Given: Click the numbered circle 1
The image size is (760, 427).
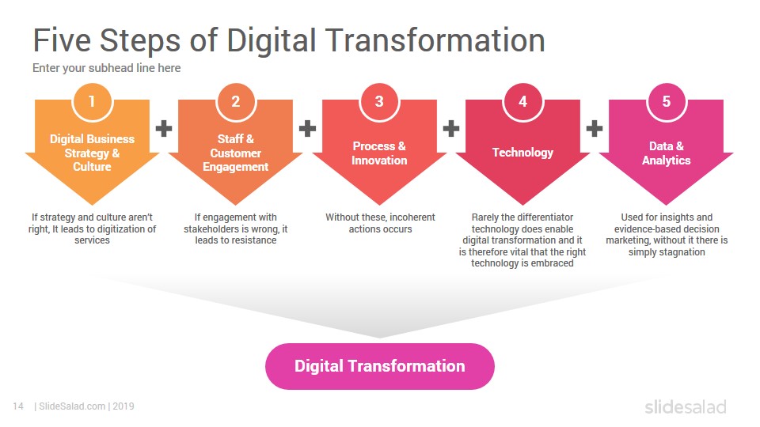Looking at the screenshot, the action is (x=92, y=102).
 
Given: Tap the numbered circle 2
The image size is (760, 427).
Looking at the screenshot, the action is (x=236, y=102).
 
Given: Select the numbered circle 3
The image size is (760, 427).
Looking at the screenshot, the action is (x=379, y=102).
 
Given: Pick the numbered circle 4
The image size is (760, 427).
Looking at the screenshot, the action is (x=523, y=102).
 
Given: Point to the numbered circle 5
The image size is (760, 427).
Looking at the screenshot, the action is (x=667, y=102).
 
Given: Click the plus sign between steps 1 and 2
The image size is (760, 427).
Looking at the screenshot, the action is (x=164, y=128).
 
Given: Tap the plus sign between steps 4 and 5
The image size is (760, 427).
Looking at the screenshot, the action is (x=595, y=128).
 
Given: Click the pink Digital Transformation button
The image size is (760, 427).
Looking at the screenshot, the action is (x=380, y=366).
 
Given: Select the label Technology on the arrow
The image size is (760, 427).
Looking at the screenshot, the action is (x=523, y=153).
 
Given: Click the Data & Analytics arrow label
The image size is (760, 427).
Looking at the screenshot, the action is (x=667, y=153).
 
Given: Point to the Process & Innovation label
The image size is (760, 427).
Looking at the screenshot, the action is (x=379, y=153).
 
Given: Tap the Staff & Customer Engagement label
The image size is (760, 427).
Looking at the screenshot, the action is (x=236, y=153).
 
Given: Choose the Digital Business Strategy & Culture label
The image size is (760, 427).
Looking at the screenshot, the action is (x=92, y=153).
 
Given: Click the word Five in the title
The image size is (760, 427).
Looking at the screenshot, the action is (x=62, y=40).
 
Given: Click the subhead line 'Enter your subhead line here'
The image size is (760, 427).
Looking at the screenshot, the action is (x=107, y=68).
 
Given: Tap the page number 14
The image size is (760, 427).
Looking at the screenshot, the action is (x=18, y=406).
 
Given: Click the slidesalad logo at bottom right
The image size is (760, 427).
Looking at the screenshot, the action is (x=686, y=407).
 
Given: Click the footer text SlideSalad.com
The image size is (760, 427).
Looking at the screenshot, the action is (x=72, y=406).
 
